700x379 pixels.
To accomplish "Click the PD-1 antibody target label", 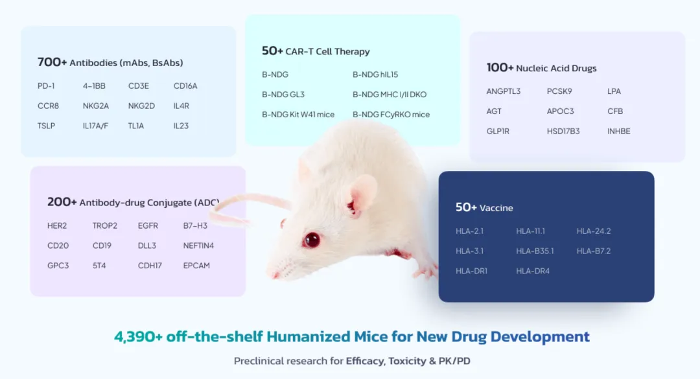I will point(46,86).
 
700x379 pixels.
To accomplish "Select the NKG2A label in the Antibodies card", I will point(96,106).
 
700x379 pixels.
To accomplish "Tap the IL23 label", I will point(181,126).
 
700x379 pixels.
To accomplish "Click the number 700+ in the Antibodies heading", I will point(52,62).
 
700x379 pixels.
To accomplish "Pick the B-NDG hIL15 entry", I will point(375,75).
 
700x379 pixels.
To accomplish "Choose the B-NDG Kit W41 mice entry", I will point(298,115).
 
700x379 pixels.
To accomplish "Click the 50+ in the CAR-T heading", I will point(273,51).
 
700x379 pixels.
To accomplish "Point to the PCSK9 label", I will point(559,91).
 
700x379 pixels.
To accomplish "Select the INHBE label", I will point(618,132).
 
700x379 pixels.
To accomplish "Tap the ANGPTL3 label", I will point(503,91).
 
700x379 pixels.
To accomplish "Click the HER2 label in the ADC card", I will point(57,226).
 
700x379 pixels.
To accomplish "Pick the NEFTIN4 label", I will point(198,246).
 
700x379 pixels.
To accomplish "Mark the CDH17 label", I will point(150,266).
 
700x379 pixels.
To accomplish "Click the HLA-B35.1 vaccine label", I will point(535,251).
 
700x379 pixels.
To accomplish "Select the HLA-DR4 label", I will point(533,271).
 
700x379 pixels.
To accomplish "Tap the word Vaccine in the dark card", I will point(496,208).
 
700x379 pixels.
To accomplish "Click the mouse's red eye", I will point(312,240).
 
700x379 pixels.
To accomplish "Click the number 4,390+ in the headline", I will point(138,337).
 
